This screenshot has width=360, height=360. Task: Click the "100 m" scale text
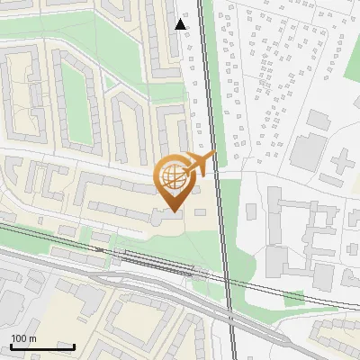(23, 338)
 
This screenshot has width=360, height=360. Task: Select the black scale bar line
(42, 346)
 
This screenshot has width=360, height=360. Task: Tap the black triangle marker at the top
(181, 24)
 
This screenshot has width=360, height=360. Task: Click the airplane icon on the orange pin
(202, 163)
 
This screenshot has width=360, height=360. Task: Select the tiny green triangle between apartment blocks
(111, 83)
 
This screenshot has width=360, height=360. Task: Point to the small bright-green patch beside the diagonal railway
(293, 298)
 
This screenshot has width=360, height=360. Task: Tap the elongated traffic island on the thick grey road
(153, 286)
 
